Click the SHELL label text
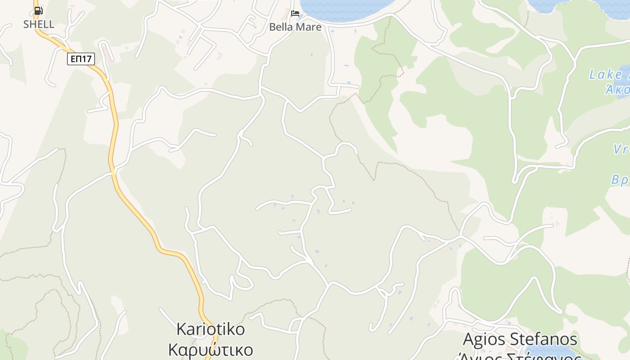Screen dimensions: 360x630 39,24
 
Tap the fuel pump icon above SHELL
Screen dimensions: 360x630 38,11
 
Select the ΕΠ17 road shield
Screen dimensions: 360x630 81,58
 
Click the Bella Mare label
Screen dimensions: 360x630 295,27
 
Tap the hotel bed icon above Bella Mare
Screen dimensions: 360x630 295,13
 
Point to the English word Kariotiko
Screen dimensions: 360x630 211,329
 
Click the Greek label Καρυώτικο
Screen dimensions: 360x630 211,350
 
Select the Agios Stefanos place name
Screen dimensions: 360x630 520,338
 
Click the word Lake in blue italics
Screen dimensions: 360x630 606,74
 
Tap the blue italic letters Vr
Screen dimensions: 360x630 621,149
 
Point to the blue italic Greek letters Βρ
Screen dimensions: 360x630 620,180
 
